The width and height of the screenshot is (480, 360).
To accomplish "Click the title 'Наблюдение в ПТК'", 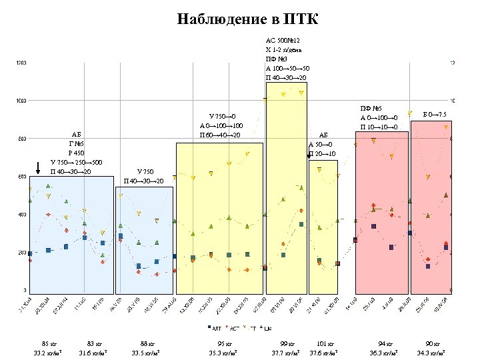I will [248, 19].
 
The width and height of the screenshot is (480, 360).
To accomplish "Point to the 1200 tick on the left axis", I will [21, 63].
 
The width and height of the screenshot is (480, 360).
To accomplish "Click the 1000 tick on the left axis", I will [21, 101].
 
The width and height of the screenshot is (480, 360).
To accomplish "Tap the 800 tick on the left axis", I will [21, 139].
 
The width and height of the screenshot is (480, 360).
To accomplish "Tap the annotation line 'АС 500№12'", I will [287, 40].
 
